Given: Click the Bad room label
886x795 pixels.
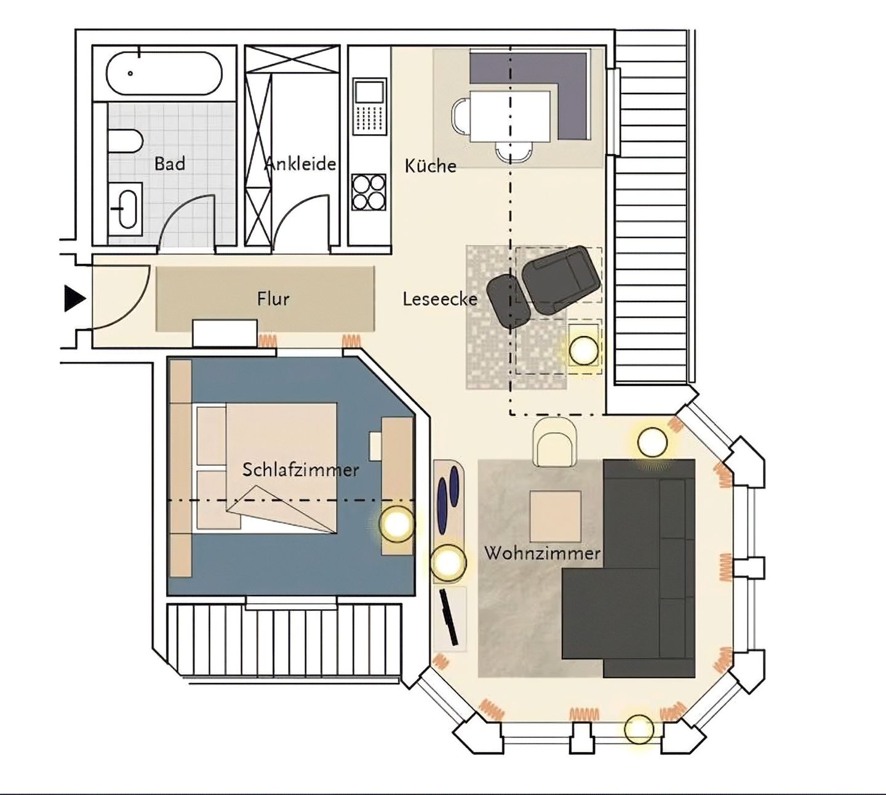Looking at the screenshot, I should (169, 164).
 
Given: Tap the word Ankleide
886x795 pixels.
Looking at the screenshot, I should (301, 164).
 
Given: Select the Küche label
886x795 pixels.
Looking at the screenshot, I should (430, 166).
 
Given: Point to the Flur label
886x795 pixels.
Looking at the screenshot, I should (273, 299).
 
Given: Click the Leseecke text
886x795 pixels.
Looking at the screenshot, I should (439, 299).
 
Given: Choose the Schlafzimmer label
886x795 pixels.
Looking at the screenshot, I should (300, 469).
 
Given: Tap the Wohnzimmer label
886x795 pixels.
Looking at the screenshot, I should (542, 553).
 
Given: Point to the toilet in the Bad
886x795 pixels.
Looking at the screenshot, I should (125, 141).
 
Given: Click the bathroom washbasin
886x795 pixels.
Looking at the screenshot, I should (127, 209).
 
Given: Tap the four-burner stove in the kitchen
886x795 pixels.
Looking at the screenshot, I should (369, 192).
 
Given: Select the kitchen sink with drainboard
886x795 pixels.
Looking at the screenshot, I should (369, 106).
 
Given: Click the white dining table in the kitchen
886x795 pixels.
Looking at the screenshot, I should (509, 116).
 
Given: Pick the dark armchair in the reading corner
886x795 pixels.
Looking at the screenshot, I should (561, 278).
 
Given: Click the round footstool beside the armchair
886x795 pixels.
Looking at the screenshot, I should (508, 300).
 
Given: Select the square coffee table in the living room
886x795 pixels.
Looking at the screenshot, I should (555, 516).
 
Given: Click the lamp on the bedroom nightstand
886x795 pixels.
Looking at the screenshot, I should (397, 524).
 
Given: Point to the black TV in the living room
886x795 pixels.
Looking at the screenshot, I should (449, 617).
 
